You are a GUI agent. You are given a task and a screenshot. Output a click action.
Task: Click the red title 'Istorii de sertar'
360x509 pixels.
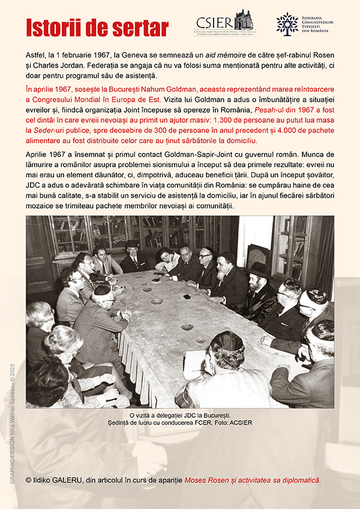tap(97, 28)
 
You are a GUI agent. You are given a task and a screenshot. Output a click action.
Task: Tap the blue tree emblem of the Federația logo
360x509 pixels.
tap(287, 23)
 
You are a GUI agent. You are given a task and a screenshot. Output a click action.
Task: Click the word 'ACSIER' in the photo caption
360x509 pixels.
tap(241, 422)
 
